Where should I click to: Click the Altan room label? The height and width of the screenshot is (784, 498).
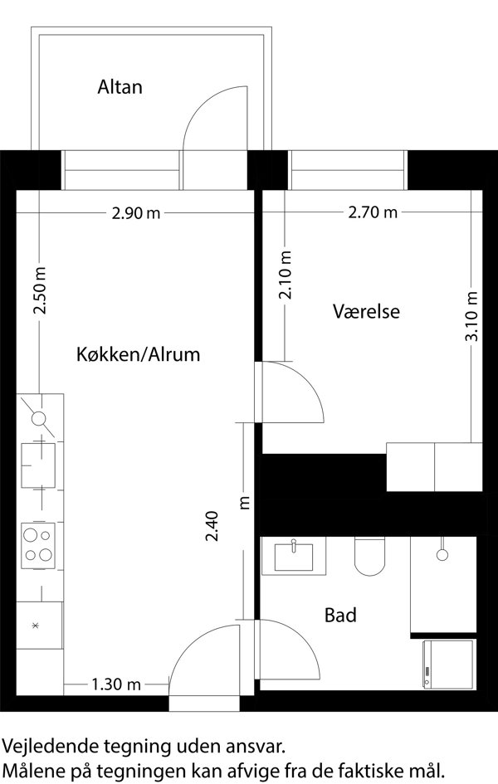pos(120,87)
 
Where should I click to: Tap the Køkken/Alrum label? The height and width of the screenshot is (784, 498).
pos(138,354)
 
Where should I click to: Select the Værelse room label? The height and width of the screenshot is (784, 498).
pos(367,311)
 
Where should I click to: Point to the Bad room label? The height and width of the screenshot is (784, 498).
pos(340,615)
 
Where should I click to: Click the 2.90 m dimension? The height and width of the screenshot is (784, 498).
pos(136,213)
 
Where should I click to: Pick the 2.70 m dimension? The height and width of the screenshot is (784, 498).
pos(373,212)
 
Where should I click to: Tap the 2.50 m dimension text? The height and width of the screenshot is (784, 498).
pos(40,291)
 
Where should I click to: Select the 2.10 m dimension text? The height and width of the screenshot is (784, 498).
pos(285,275)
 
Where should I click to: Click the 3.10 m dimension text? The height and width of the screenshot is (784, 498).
pos(471,316)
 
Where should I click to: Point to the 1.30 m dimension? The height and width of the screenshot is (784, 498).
pos(116,684)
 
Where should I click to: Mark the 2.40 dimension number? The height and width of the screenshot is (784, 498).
pos(212,526)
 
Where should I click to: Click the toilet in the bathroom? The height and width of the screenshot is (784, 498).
pos(370,556)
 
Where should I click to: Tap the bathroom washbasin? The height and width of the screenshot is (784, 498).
pos(294,556)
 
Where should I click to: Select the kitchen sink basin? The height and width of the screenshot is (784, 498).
pos(38,465)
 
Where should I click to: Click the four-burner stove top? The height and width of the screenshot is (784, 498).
pos(38,546)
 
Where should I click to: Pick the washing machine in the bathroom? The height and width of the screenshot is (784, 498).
pos(448,664)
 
